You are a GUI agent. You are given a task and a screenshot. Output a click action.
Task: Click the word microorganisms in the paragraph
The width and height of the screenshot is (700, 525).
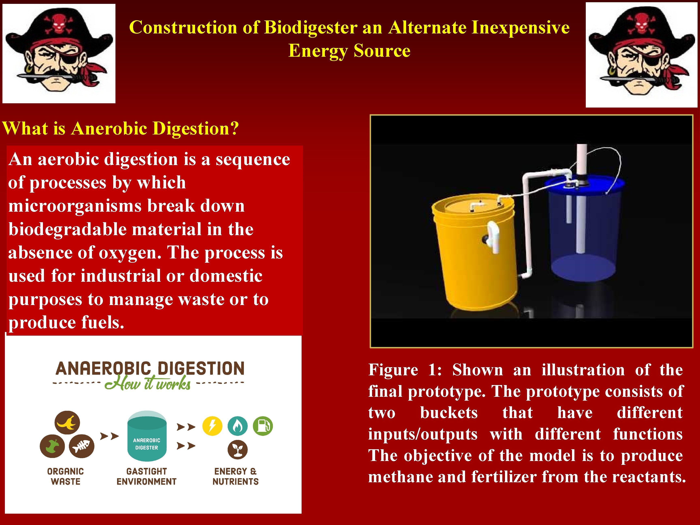[75, 206]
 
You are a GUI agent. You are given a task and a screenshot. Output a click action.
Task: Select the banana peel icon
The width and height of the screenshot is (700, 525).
[67, 423]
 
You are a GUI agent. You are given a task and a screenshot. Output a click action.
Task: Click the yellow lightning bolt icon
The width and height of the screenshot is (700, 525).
[212, 426]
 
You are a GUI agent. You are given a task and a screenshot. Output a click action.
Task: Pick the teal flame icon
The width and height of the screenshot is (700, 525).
[238, 426]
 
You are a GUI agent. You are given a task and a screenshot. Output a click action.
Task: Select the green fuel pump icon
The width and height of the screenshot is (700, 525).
[263, 426]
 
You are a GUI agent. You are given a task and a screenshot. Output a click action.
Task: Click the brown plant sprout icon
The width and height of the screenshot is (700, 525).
[238, 450]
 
